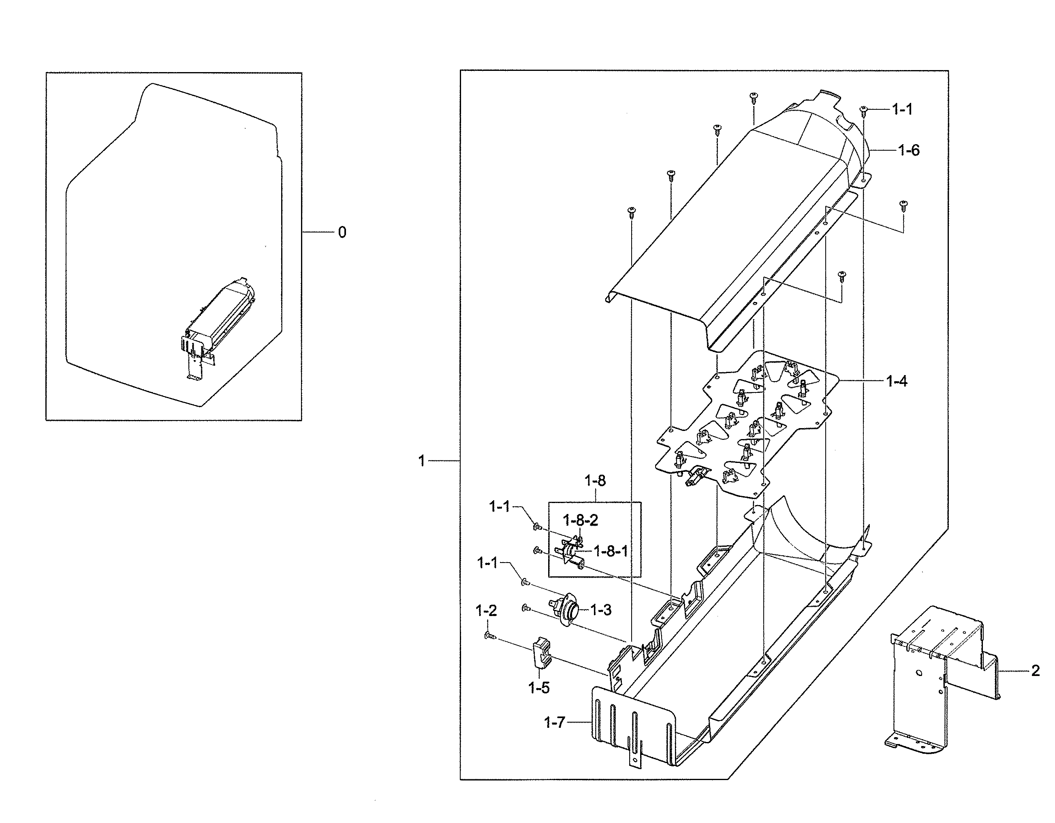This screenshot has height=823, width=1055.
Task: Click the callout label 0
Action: coord(342,233)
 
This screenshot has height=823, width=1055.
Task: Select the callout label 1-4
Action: coord(896,382)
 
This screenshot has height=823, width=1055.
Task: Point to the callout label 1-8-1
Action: coord(610,551)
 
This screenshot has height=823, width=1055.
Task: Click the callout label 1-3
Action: coord(600,610)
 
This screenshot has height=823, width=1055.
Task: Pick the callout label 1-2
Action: coord(486,611)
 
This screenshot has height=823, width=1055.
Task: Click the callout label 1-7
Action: coord(554,723)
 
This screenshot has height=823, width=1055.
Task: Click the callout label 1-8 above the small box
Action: coord(595,481)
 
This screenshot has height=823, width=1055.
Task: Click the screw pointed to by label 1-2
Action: coord(489,638)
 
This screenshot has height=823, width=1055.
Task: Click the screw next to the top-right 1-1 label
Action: coord(864,111)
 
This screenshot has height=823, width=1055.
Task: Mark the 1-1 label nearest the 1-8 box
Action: coord(500,507)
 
